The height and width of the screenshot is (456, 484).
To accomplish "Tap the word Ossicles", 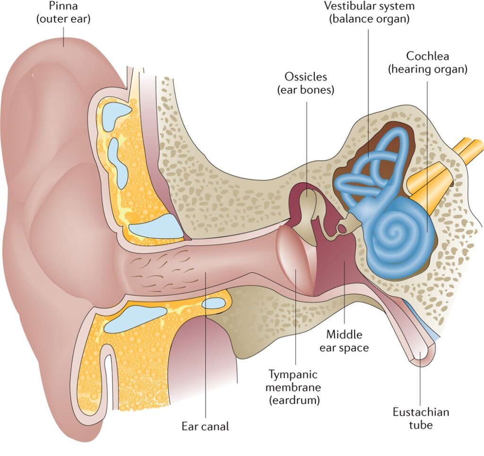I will coord(305,77).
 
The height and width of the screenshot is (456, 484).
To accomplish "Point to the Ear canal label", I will coord(205,426).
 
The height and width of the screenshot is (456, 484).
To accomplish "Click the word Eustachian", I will coord(421,412).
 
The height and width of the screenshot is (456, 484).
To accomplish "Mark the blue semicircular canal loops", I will coord(378,161).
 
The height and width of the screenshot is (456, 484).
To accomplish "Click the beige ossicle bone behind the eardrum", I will coord(307,210).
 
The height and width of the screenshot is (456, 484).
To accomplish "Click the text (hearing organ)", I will coord(428,69).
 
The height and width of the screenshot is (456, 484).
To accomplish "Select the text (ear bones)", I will coord(305,90).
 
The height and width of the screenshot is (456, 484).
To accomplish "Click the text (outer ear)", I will coord(63,20).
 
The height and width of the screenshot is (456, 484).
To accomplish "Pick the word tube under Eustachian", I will coord(421,425).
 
